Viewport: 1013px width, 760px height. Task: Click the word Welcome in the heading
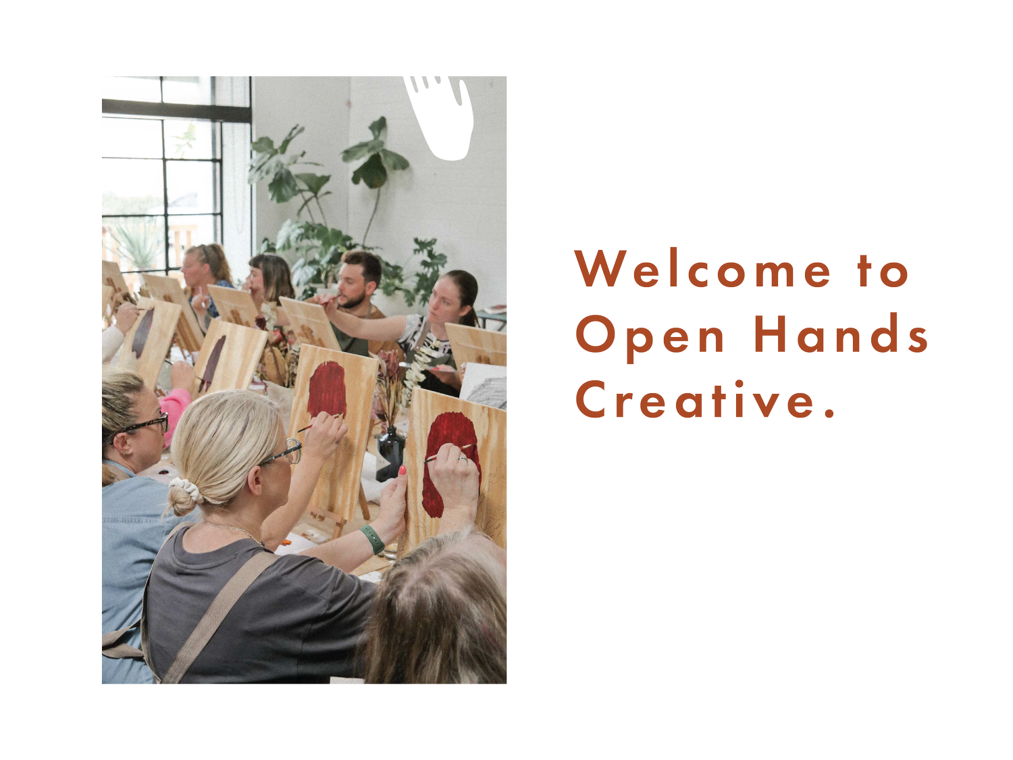[703, 270]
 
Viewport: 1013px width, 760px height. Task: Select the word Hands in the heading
[841, 334]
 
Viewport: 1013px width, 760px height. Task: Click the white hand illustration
[439, 101]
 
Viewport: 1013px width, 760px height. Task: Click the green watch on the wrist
[372, 538]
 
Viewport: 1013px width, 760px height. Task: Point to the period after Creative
[830, 412]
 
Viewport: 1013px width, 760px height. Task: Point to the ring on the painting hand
[463, 459]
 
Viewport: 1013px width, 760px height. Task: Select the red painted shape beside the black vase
[328, 388]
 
